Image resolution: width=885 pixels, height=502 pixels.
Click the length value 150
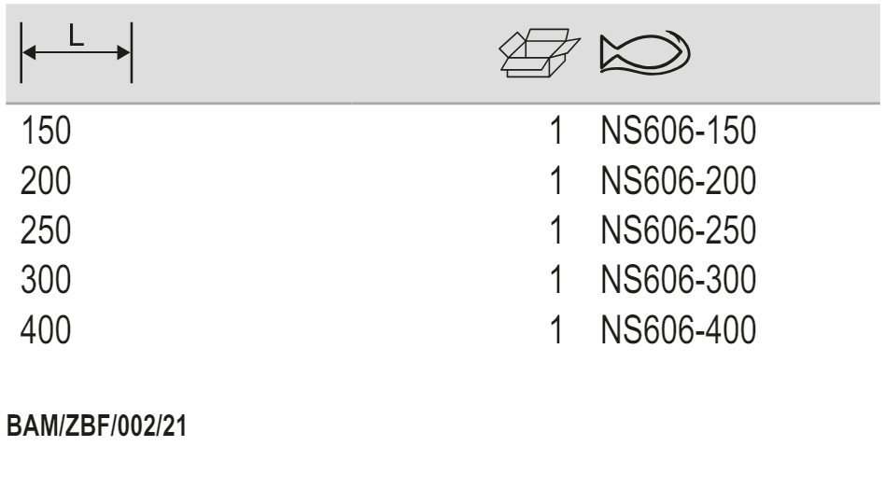[x=46, y=131]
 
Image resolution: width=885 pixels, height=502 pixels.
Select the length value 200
[x=46, y=180]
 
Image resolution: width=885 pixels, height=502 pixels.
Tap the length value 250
[x=46, y=230]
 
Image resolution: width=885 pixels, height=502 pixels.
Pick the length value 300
[x=46, y=280]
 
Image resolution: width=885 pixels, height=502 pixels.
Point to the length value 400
[x=46, y=330]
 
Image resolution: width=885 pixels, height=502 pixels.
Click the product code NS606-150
[x=679, y=131]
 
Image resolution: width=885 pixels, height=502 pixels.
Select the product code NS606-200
[x=679, y=180]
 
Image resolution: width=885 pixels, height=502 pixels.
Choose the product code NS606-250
[x=679, y=230]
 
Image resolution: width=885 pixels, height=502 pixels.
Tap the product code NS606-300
[x=679, y=280]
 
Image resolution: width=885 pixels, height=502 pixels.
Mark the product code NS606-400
[x=679, y=330]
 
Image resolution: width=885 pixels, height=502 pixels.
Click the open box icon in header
[x=540, y=52]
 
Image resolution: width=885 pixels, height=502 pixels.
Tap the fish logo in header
[x=645, y=52]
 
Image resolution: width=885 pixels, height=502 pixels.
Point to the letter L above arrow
[x=77, y=36]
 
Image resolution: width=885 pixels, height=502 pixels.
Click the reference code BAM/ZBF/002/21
[x=96, y=425]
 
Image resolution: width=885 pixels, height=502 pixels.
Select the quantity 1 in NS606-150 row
[x=556, y=131]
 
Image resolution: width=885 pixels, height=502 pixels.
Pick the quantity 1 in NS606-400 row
[x=556, y=330]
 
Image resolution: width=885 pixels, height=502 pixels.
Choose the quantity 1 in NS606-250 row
[x=556, y=230]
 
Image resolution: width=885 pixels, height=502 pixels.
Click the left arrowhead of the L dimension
[x=29, y=52]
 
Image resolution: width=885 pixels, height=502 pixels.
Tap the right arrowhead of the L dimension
[x=123, y=52]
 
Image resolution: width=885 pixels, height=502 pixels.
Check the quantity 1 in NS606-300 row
[x=556, y=280]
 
